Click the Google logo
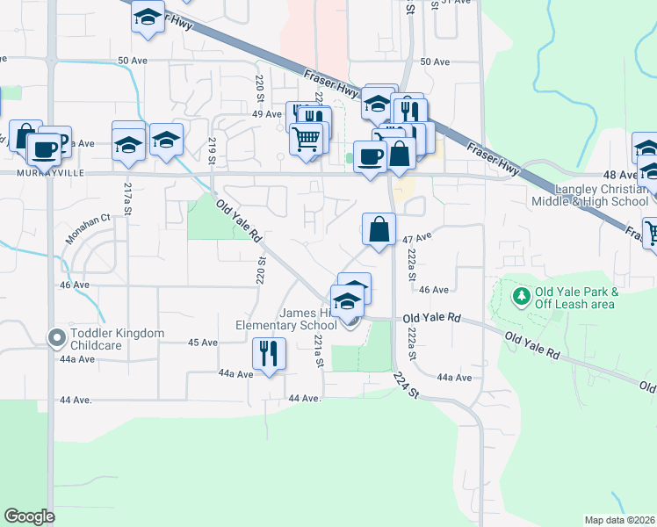[29, 516]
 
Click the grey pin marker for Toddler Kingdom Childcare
[57, 337]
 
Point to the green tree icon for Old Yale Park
[521, 297]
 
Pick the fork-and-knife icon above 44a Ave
[268, 353]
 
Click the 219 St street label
[212, 150]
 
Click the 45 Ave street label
[203, 343]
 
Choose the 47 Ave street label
[418, 238]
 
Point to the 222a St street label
[411, 263]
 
